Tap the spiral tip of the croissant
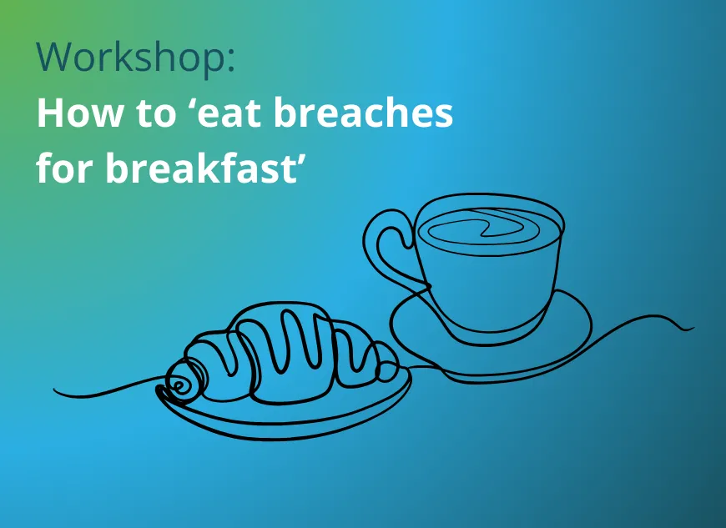point(179,383)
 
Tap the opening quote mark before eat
point(189,103)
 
